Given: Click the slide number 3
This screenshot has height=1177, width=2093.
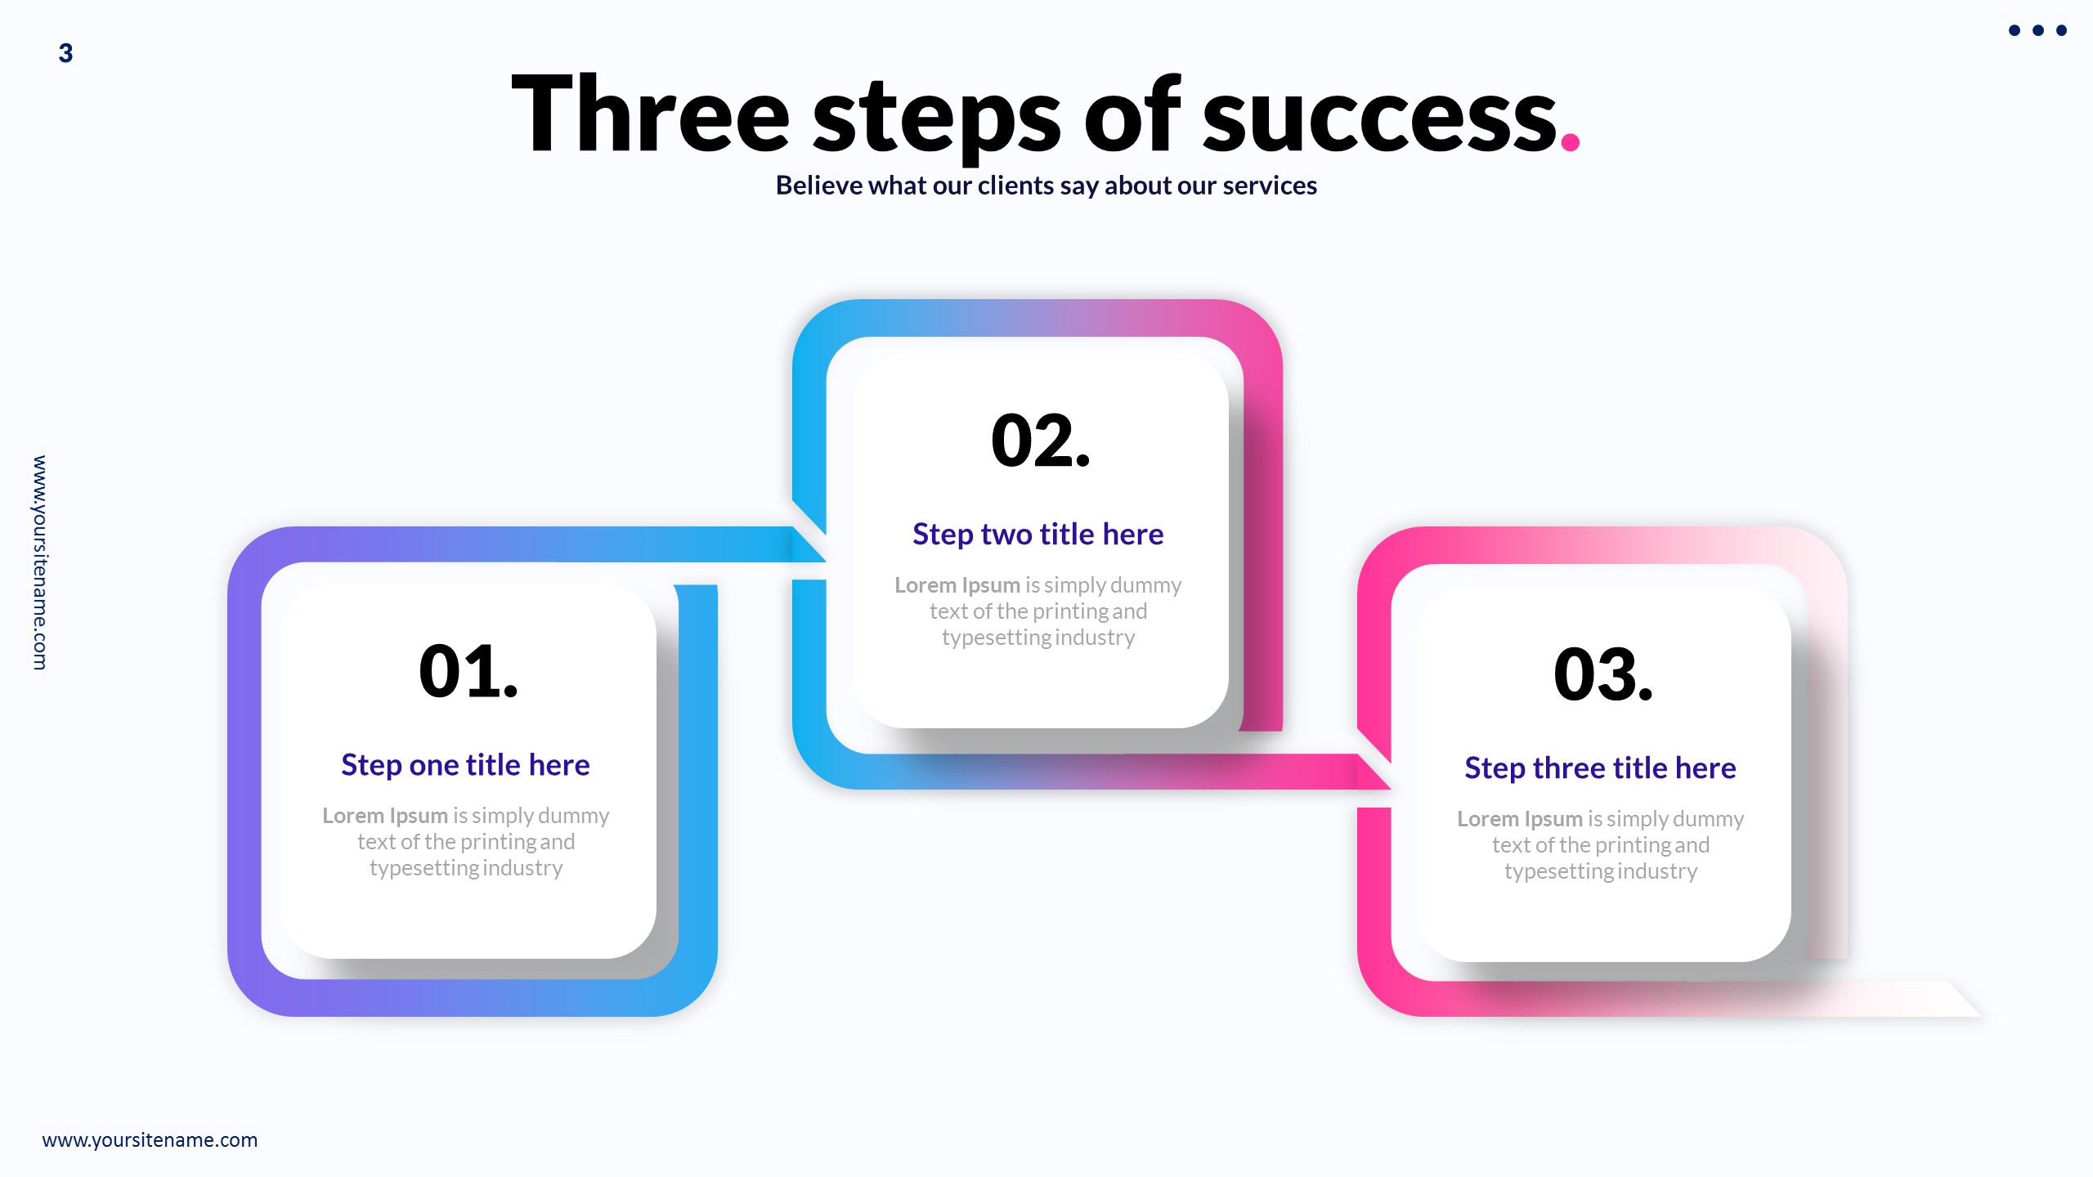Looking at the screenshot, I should click(x=65, y=53).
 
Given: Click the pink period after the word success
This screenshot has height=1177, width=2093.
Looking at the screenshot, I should click(x=1570, y=142).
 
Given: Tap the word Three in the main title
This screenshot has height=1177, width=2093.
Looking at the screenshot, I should click(x=650, y=114).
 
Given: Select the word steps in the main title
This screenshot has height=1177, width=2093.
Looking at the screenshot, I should click(x=936, y=119).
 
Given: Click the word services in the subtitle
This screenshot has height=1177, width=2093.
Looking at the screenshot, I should click(x=1271, y=186).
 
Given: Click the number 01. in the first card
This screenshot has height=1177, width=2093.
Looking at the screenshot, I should click(x=468, y=671).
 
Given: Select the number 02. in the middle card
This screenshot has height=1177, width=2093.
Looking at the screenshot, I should click(x=1040, y=441).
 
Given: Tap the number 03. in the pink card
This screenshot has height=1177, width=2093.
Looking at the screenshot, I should click(x=1602, y=674).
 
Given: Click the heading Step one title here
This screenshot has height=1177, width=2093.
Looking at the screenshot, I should click(x=465, y=765).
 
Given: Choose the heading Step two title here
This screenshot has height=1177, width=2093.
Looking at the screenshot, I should click(x=1038, y=535).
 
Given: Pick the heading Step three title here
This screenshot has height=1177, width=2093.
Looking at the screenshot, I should click(x=1600, y=768).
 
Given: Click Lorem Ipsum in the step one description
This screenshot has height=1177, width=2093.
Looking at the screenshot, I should click(x=384, y=816).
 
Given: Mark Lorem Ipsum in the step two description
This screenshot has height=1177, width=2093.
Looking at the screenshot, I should click(x=957, y=585).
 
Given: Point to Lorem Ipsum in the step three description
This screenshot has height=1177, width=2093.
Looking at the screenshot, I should click(x=1519, y=819).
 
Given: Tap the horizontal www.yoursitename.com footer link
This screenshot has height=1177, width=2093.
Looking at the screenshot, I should click(x=150, y=1139).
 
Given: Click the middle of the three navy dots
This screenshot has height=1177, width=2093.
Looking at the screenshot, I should click(x=2037, y=30).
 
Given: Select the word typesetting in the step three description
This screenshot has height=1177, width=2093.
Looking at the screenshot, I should click(x=1558, y=871).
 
